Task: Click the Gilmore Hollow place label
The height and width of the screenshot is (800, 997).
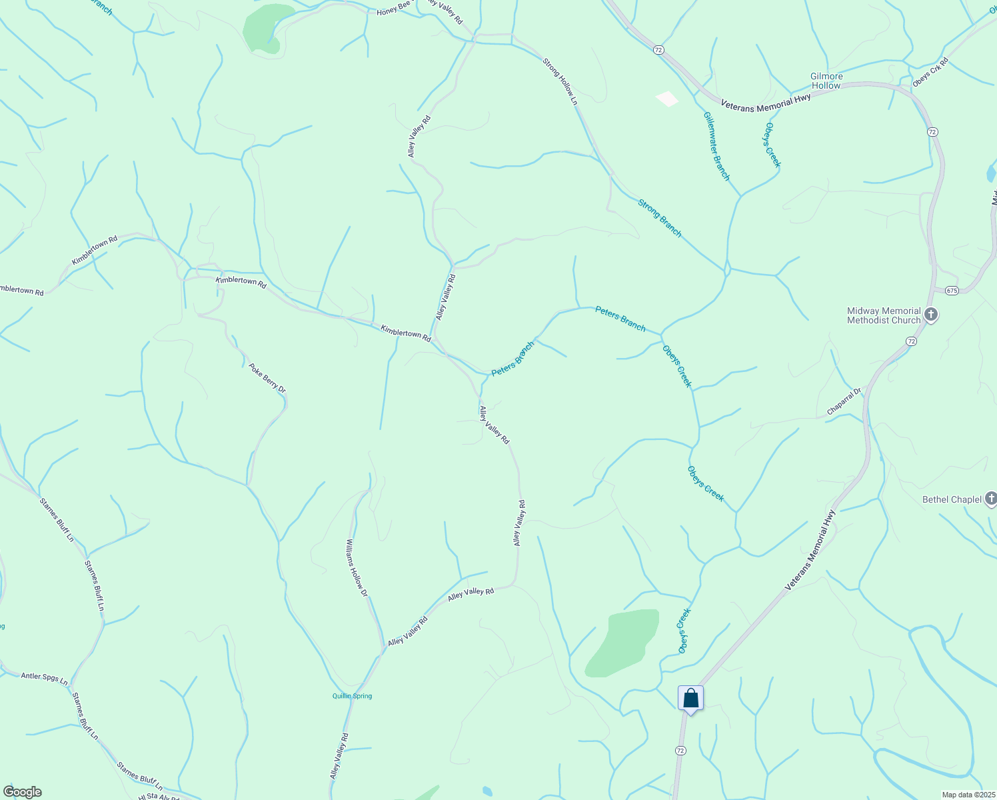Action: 826,81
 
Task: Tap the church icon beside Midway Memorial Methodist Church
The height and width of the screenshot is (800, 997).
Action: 931,315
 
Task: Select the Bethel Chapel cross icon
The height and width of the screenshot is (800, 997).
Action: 990,499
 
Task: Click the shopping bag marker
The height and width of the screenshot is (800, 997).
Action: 690,699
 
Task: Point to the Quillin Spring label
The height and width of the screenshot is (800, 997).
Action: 352,696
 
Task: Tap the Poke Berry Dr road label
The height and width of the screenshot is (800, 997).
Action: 267,378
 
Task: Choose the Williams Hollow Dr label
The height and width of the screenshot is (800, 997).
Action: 357,567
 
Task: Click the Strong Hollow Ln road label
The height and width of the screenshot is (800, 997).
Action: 559,82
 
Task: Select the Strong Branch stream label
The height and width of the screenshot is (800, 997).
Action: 660,218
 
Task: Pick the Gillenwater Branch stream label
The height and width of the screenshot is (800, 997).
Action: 716,146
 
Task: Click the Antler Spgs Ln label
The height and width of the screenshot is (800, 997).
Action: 44,679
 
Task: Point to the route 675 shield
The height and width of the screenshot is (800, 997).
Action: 951,291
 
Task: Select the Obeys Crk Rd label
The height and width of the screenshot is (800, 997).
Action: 930,72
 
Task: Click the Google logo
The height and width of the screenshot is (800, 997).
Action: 22,792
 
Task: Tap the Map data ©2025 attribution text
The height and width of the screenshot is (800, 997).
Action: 967,795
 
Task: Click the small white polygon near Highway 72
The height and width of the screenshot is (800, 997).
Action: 667,99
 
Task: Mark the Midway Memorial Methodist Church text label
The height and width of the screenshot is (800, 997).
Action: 884,315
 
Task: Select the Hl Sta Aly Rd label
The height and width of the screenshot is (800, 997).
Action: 158,797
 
